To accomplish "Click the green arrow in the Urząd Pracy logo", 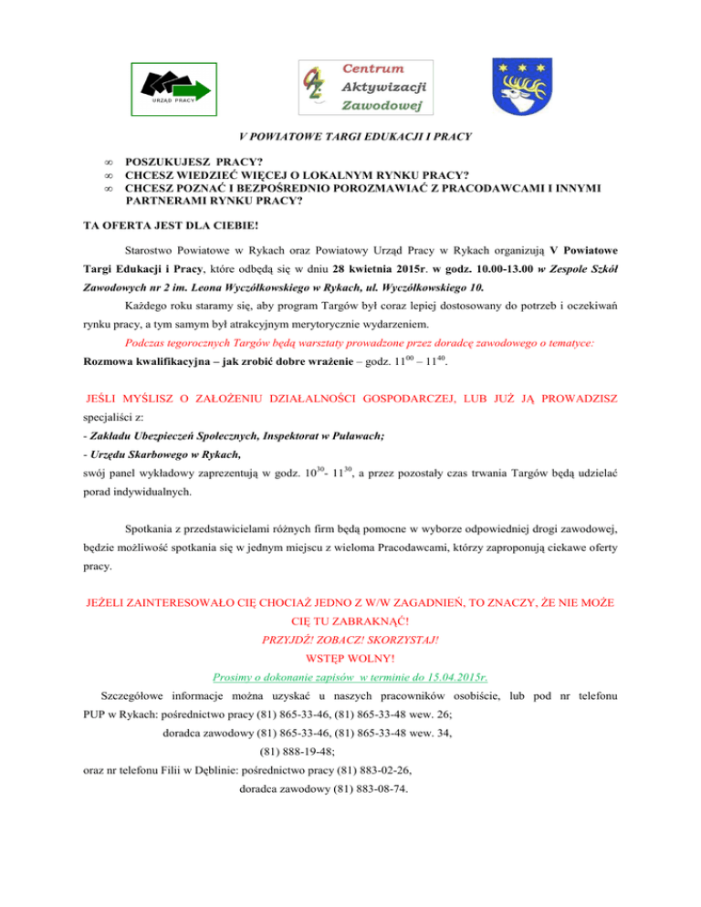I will tap(192, 89).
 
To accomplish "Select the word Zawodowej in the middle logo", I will tap(374, 106).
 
